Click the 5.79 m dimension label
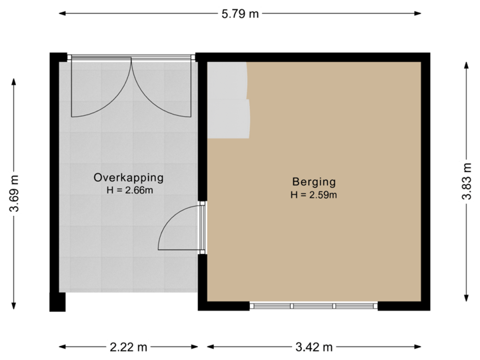(x=240, y=13)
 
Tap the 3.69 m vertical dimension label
(x=13, y=193)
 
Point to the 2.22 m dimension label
(x=129, y=347)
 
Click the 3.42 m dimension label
(x=313, y=347)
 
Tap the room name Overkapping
(x=129, y=178)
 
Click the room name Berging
(x=313, y=181)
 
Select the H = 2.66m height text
(x=129, y=191)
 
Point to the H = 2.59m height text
(x=313, y=195)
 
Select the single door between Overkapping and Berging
(x=179, y=228)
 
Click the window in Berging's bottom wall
(x=313, y=306)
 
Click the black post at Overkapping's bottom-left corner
(x=57, y=303)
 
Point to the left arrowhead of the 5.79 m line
(x=61, y=13)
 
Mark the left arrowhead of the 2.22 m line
(x=61, y=347)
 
